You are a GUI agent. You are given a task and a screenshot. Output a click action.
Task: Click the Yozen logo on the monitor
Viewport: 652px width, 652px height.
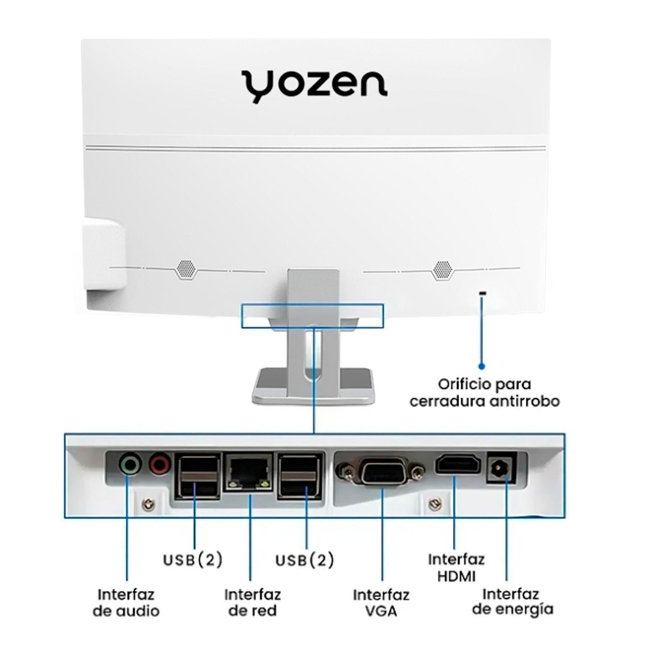[314, 87]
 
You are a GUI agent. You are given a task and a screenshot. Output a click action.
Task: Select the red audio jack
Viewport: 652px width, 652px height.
[160, 464]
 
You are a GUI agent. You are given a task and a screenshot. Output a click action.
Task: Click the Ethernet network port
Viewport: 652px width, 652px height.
[249, 472]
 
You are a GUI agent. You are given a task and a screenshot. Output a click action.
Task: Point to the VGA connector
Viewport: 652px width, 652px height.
[381, 472]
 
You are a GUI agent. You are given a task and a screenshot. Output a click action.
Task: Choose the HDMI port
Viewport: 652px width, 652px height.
[458, 465]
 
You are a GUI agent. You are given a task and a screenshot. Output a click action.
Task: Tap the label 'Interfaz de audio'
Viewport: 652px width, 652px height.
[126, 603]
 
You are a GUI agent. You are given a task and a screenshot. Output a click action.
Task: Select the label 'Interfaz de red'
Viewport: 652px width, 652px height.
[253, 603]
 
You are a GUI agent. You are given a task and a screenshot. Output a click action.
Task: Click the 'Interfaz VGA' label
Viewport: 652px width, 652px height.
[381, 603]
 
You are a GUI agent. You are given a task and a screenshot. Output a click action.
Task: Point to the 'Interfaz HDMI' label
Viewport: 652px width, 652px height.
[456, 567]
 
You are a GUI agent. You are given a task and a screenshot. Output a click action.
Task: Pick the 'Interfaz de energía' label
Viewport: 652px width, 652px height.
[512, 602]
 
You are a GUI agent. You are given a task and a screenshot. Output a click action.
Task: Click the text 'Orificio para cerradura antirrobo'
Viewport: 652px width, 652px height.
[485, 392]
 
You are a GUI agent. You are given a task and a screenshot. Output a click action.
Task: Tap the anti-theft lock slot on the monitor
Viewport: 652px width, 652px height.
[483, 293]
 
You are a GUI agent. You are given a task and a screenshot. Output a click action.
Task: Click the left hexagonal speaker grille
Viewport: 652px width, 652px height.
[186, 269]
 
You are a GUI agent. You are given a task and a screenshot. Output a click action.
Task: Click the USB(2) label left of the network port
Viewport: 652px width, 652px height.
[193, 560]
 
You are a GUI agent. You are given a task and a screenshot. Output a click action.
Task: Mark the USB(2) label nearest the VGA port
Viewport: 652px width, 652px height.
[305, 560]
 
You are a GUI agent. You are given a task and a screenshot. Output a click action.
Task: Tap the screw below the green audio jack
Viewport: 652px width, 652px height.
[149, 504]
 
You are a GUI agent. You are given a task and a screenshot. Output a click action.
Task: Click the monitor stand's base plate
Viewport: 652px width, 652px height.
[313, 386]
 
